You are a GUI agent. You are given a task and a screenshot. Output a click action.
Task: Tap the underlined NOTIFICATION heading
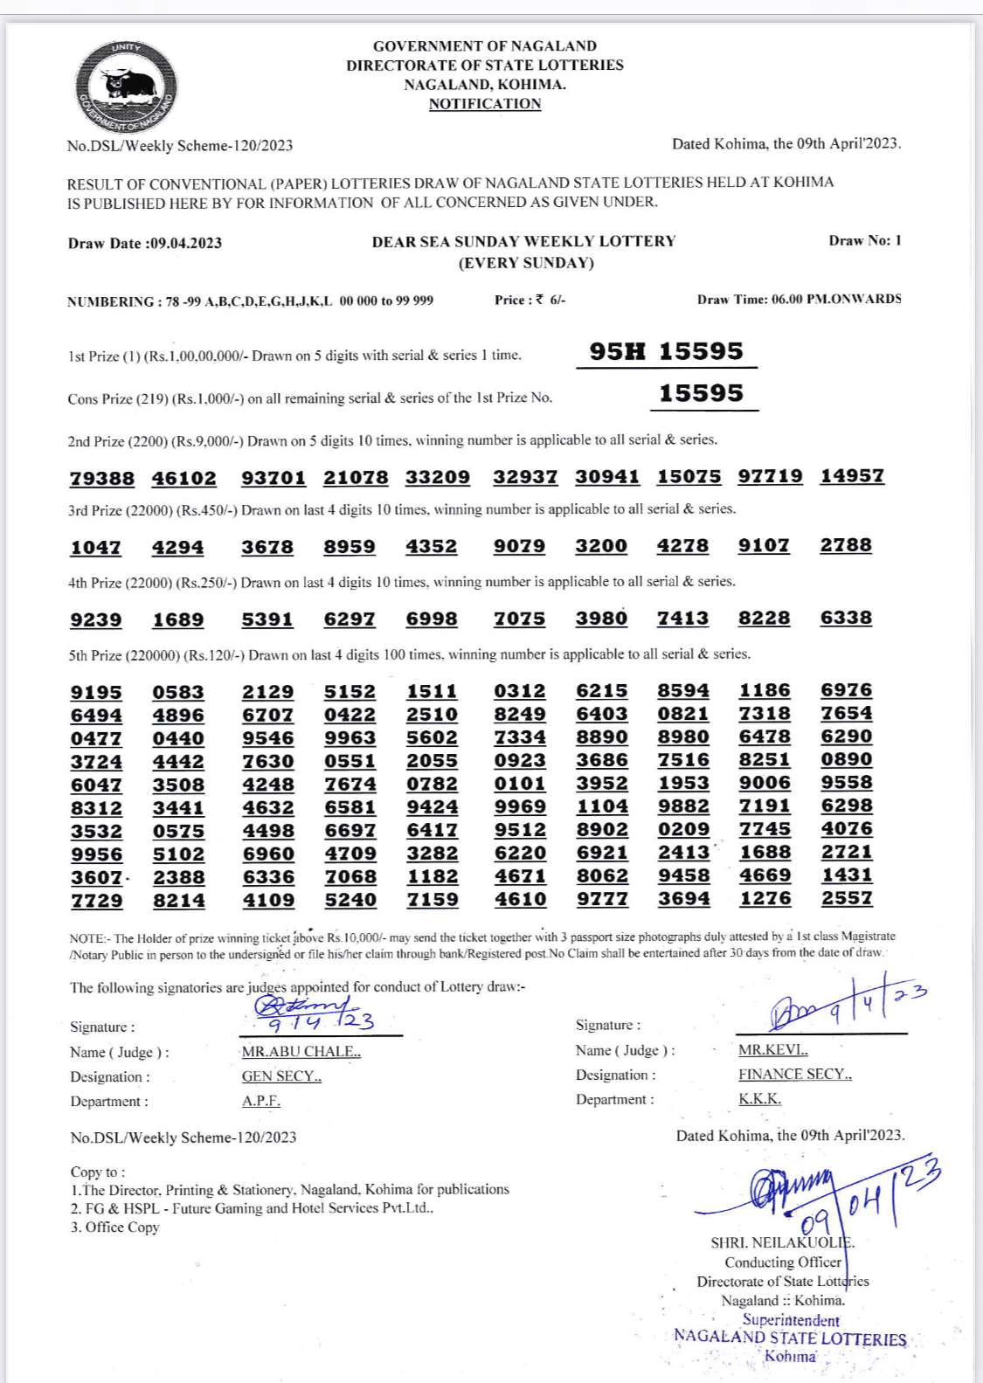click(485, 104)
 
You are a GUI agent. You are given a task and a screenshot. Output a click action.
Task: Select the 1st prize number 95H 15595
click(666, 351)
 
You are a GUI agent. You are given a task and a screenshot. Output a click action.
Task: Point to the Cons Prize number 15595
click(701, 393)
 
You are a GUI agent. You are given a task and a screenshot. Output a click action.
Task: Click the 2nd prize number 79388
click(102, 478)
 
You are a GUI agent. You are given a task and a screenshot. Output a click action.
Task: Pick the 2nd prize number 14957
click(852, 476)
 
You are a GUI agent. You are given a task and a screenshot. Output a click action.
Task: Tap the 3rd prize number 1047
click(95, 548)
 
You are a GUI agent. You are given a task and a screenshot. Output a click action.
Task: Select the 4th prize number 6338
click(846, 618)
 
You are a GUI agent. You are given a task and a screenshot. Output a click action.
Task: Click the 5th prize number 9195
click(96, 693)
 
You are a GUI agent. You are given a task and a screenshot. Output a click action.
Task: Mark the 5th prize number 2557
click(847, 898)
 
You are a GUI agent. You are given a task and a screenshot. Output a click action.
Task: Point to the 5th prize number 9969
click(520, 806)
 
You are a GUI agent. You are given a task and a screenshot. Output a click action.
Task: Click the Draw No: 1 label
click(864, 240)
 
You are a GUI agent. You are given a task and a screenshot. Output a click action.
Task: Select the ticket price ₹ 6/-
click(550, 300)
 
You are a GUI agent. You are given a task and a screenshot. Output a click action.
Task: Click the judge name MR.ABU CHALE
click(301, 1052)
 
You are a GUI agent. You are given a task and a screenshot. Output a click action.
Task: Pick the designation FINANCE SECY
click(794, 1075)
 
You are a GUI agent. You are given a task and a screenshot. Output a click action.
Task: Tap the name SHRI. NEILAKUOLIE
click(782, 1242)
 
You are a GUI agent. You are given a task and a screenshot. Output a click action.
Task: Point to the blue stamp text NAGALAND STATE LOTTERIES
click(790, 1338)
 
